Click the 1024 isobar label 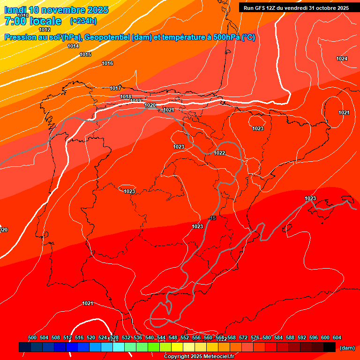342,59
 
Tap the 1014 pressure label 73,46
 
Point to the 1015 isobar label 85,55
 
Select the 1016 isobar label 107,63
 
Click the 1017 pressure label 115,88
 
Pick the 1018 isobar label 126,97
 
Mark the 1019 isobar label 136,101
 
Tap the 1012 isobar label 45,30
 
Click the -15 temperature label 212,218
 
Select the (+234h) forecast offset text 83,21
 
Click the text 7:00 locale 33,21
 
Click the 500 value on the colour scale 32,337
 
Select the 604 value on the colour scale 337,337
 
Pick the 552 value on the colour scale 185,337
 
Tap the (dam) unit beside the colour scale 347,347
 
